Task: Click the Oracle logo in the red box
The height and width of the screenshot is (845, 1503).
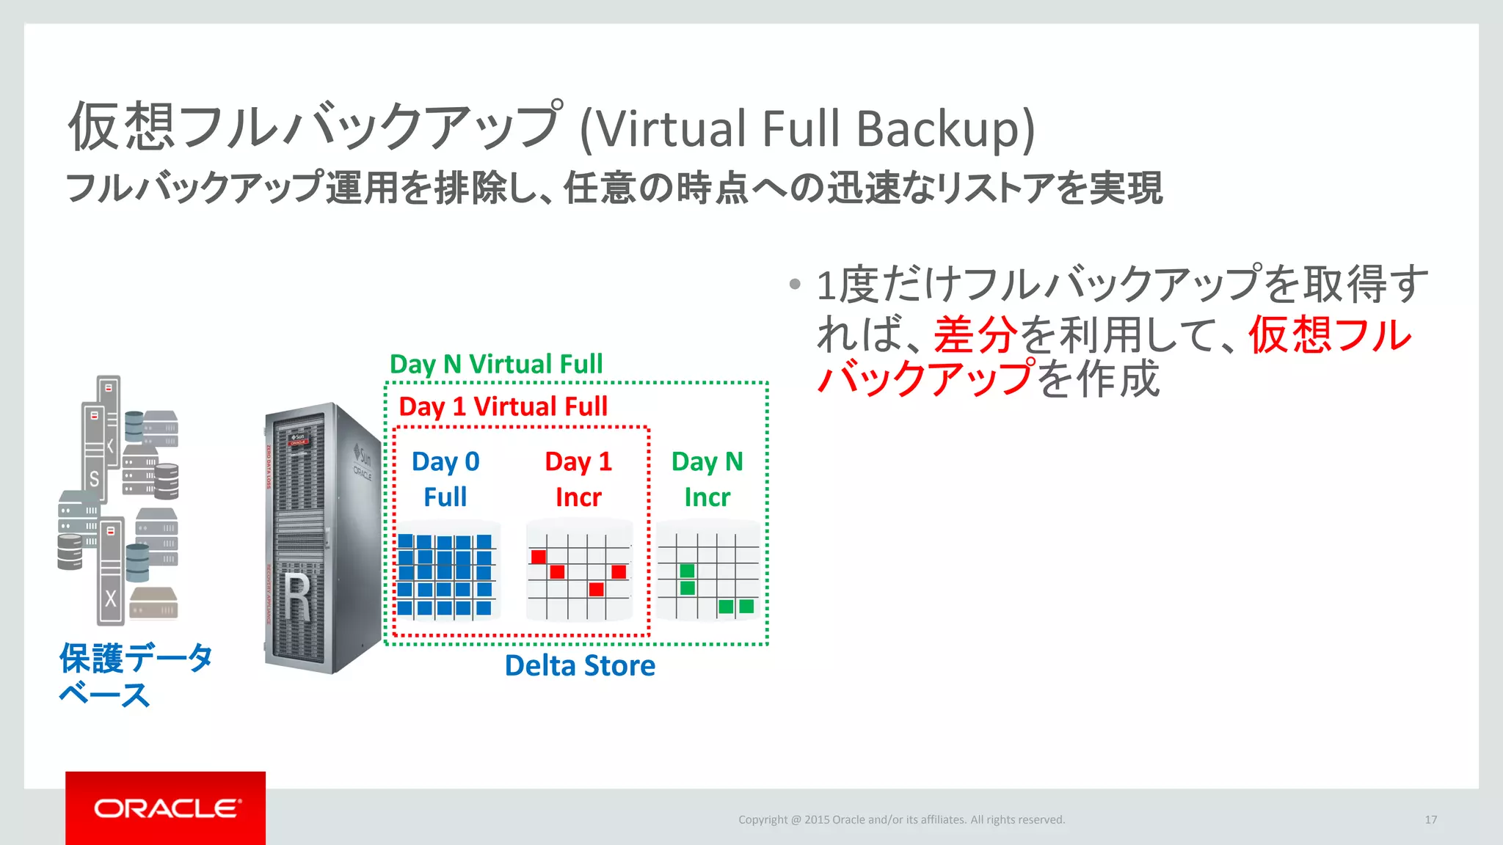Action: pyautogui.click(x=167, y=808)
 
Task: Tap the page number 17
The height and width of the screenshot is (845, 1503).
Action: pyautogui.click(x=1430, y=819)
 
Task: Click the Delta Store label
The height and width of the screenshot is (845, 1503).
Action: pyautogui.click(x=580, y=665)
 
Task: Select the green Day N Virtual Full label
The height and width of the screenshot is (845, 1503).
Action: pyautogui.click(x=496, y=364)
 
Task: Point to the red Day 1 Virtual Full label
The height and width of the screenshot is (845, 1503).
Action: pyautogui.click(x=503, y=406)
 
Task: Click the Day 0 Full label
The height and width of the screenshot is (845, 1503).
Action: pyautogui.click(x=445, y=479)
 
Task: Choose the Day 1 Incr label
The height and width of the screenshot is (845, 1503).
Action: pyautogui.click(x=578, y=479)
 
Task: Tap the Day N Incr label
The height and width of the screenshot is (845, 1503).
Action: pyautogui.click(x=707, y=479)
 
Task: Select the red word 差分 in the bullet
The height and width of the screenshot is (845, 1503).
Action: pyautogui.click(x=975, y=334)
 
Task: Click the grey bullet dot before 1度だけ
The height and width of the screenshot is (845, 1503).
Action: pyautogui.click(x=795, y=284)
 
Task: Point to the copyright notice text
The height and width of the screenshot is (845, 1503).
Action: pyautogui.click(x=901, y=819)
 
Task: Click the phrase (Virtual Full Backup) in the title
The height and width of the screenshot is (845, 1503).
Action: pyautogui.click(x=807, y=129)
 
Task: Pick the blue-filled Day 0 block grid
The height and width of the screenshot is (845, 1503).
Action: pyautogui.click(x=445, y=574)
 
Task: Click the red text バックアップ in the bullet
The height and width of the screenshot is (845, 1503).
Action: pyautogui.click(x=926, y=379)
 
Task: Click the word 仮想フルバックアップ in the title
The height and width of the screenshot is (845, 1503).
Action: pyautogui.click(x=316, y=126)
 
